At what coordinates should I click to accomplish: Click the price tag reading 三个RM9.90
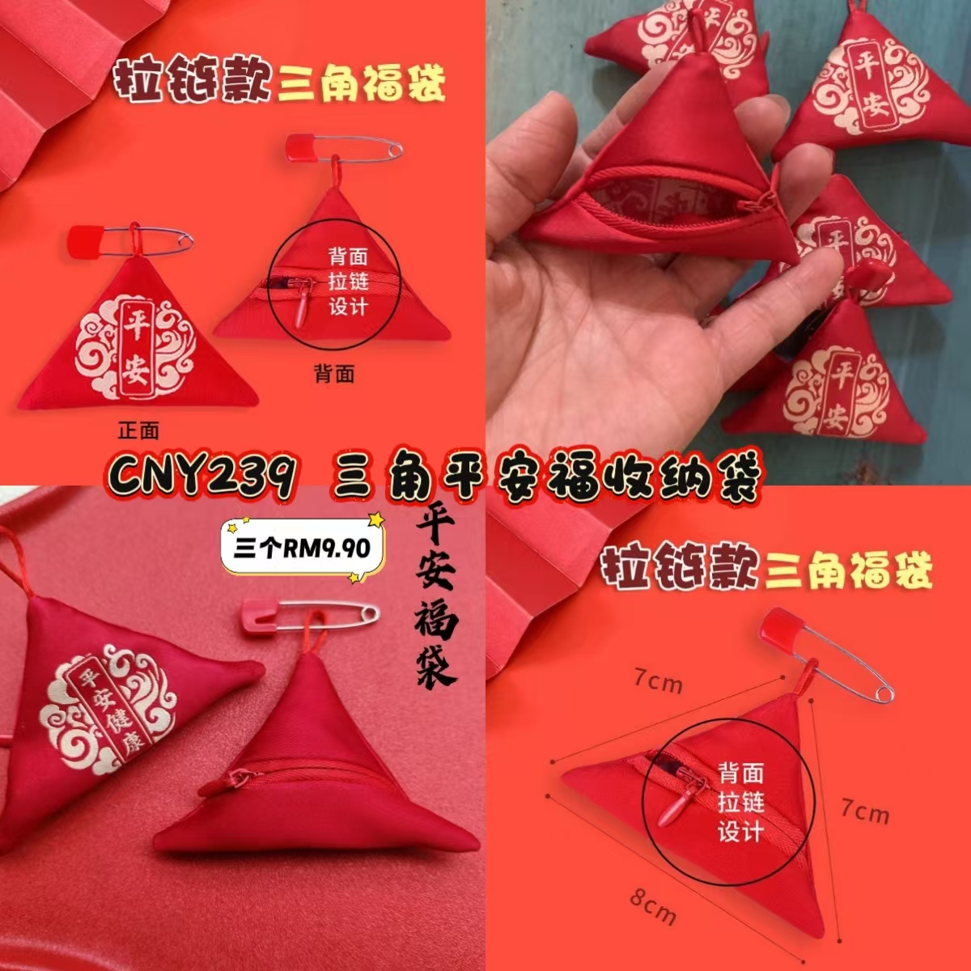coord(303,549)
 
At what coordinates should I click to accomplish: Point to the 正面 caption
coord(138,430)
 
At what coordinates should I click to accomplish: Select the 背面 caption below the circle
coord(334,374)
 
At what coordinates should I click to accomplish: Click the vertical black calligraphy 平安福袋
coord(435,600)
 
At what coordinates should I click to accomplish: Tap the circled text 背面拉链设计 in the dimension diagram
coord(740,802)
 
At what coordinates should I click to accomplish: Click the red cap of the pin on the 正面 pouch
coord(85,241)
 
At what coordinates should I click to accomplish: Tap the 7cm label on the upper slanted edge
coord(658,682)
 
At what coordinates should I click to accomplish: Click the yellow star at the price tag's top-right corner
coord(376,519)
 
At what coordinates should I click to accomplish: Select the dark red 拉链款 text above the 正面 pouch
coord(193,80)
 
